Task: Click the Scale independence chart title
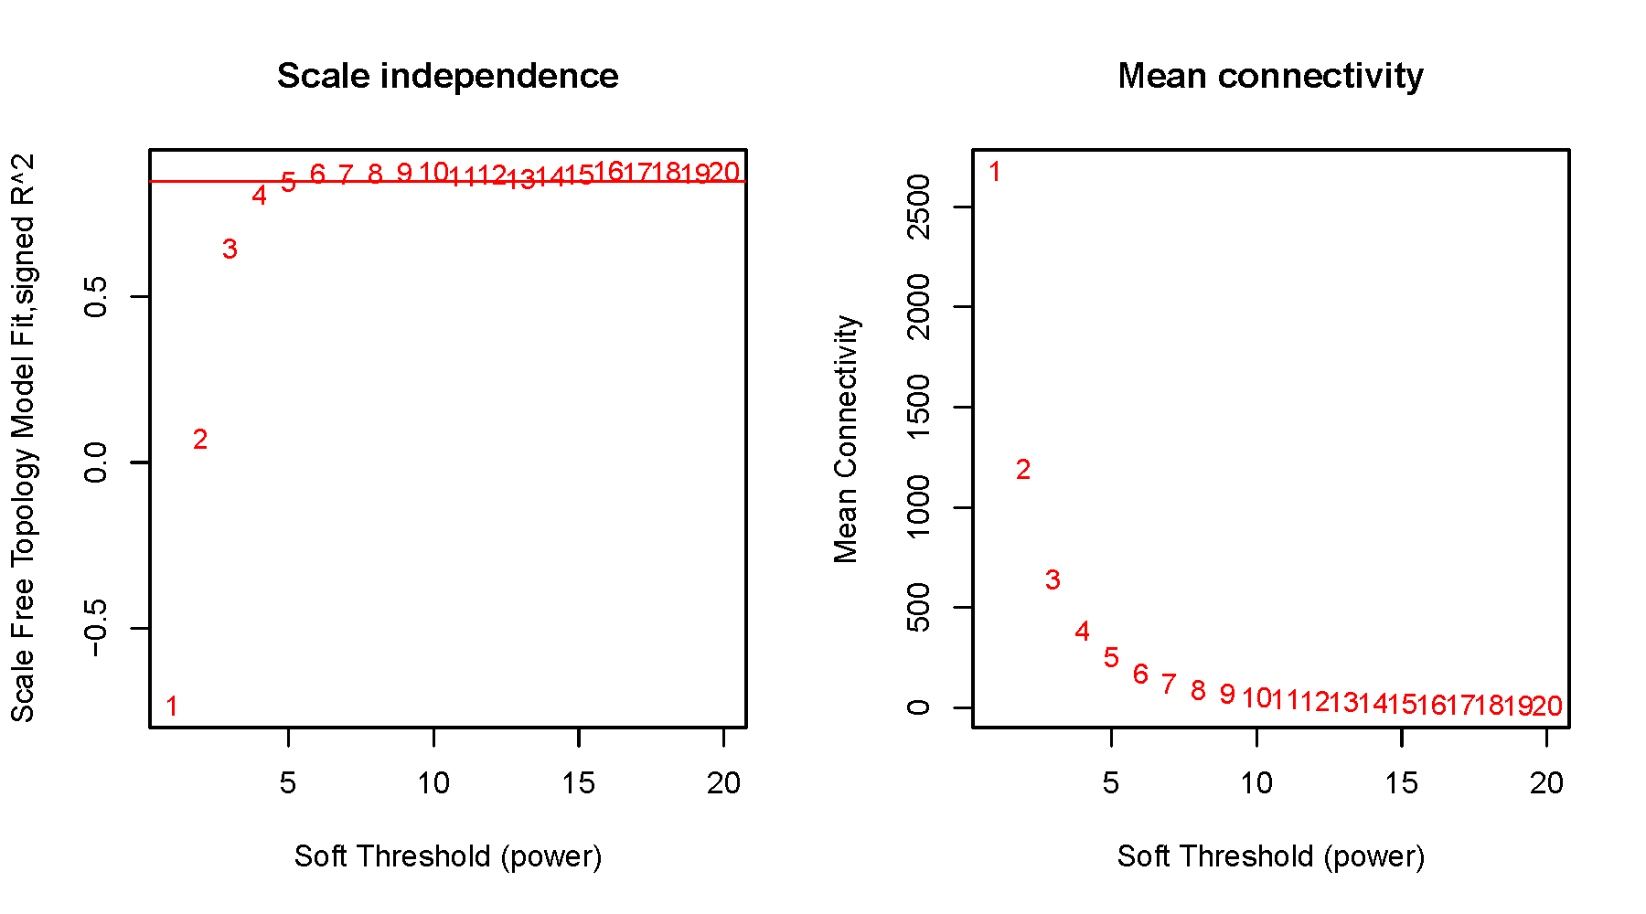click(447, 76)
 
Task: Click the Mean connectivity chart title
click(1270, 76)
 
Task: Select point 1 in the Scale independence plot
click(171, 706)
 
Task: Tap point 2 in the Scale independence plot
click(200, 440)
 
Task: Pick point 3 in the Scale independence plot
click(230, 249)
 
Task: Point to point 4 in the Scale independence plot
click(259, 196)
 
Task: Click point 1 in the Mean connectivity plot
click(995, 172)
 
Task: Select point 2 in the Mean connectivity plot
click(1023, 470)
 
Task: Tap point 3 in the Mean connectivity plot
click(1053, 579)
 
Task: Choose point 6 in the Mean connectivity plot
click(1140, 675)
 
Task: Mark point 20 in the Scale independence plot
click(723, 172)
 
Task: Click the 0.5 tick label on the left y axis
click(96, 297)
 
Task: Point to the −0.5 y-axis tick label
click(96, 628)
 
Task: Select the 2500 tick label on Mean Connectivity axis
click(918, 207)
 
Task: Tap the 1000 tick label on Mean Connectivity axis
click(918, 507)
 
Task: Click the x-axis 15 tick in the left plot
click(579, 783)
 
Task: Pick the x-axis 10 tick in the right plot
click(1256, 783)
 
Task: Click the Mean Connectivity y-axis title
click(846, 439)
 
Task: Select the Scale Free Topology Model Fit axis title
click(23, 439)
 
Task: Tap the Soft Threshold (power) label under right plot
click(1270, 856)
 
